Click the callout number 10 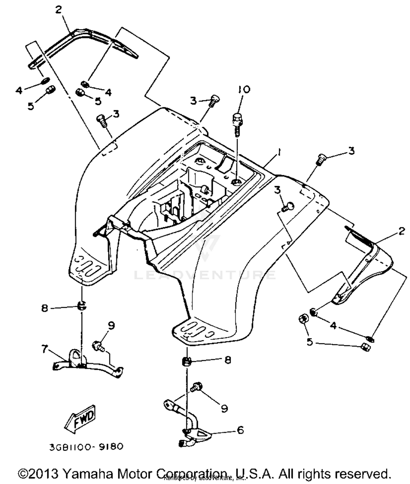[x=244, y=90]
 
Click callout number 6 [x=240, y=430]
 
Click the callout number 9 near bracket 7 [x=111, y=326]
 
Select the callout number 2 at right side [x=401, y=231]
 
